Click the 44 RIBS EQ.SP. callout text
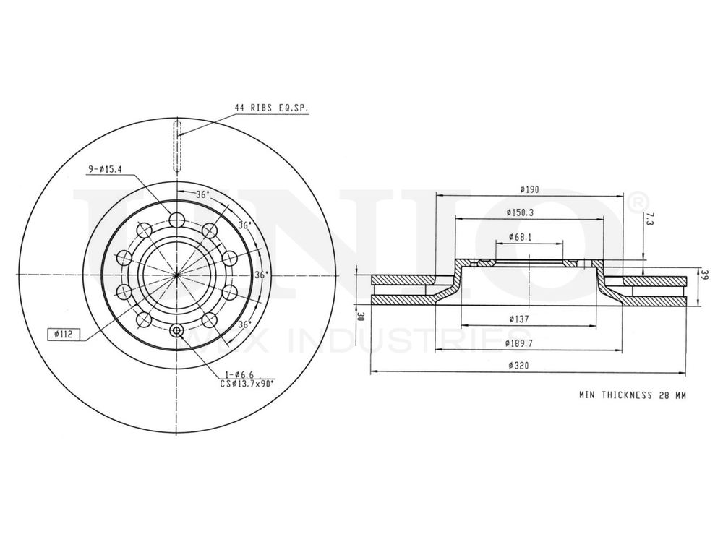coord(271,108)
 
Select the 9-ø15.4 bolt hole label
coord(105,168)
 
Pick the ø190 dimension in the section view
coord(530,189)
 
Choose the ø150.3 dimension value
coord(529,212)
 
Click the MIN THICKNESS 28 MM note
coord(632,395)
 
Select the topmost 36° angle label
coord(202,194)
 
